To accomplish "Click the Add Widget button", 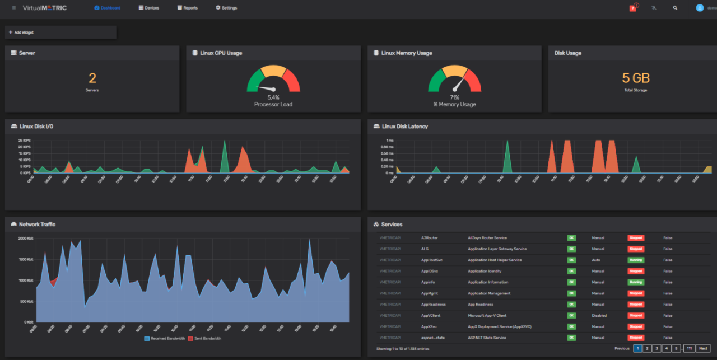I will [x=21, y=32].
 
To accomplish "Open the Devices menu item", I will [x=148, y=8].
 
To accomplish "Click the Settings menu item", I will [x=226, y=8].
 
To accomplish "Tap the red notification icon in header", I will [x=633, y=8].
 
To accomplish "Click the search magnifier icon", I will [x=675, y=8].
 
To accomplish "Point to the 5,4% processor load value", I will [x=273, y=97].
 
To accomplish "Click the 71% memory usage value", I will [x=454, y=97].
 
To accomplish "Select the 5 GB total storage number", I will [x=636, y=78].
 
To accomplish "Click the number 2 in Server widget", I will [x=92, y=78].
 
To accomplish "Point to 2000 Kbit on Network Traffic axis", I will [x=26, y=239].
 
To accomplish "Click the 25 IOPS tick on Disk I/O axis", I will [x=24, y=141].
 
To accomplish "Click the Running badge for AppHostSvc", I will [x=636, y=260].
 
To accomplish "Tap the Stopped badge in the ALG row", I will [x=636, y=249].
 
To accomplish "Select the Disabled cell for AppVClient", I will [x=599, y=315].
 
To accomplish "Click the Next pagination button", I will [x=703, y=348].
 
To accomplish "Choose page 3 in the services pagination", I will [x=657, y=348].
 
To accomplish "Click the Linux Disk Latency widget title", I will [x=404, y=127].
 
